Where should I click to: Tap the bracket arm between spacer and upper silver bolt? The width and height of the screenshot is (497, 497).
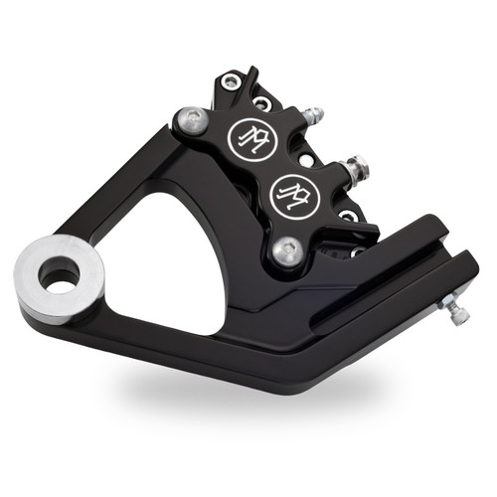[x=129, y=189]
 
